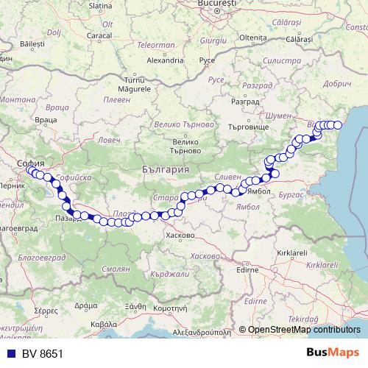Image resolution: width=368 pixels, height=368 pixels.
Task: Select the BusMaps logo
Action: point(333,354)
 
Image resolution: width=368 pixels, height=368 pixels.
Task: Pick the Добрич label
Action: point(338,83)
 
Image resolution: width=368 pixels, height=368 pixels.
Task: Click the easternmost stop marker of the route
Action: point(339,125)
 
